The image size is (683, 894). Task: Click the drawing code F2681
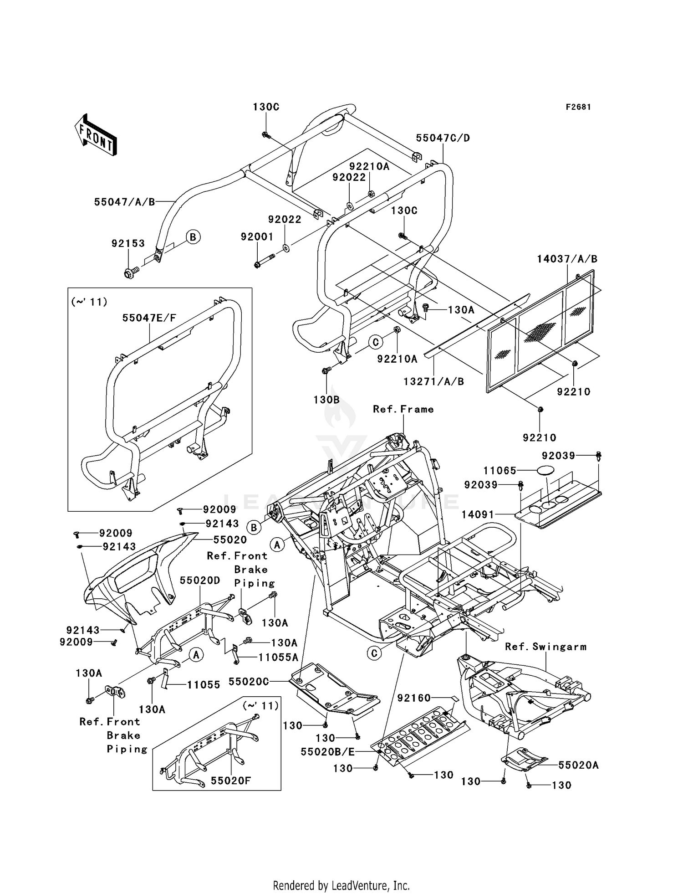[x=578, y=107]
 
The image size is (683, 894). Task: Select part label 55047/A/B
[x=125, y=202]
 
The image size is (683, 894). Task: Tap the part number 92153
[x=128, y=243]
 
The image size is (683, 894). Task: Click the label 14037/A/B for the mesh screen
[x=567, y=259]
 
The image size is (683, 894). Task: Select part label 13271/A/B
[x=433, y=381]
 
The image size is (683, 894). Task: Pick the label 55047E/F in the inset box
[x=149, y=318]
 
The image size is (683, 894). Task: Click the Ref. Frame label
[x=403, y=409]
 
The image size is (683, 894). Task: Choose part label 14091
[x=478, y=514]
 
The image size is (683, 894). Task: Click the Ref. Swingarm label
[x=545, y=647]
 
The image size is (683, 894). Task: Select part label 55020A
[x=578, y=766]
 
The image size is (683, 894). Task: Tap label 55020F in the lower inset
[x=231, y=781]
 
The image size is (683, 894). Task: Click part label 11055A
[x=278, y=657]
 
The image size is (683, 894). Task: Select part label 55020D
[x=200, y=581]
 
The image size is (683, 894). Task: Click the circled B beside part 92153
[x=193, y=237]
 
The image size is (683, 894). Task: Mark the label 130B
[x=326, y=400]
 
